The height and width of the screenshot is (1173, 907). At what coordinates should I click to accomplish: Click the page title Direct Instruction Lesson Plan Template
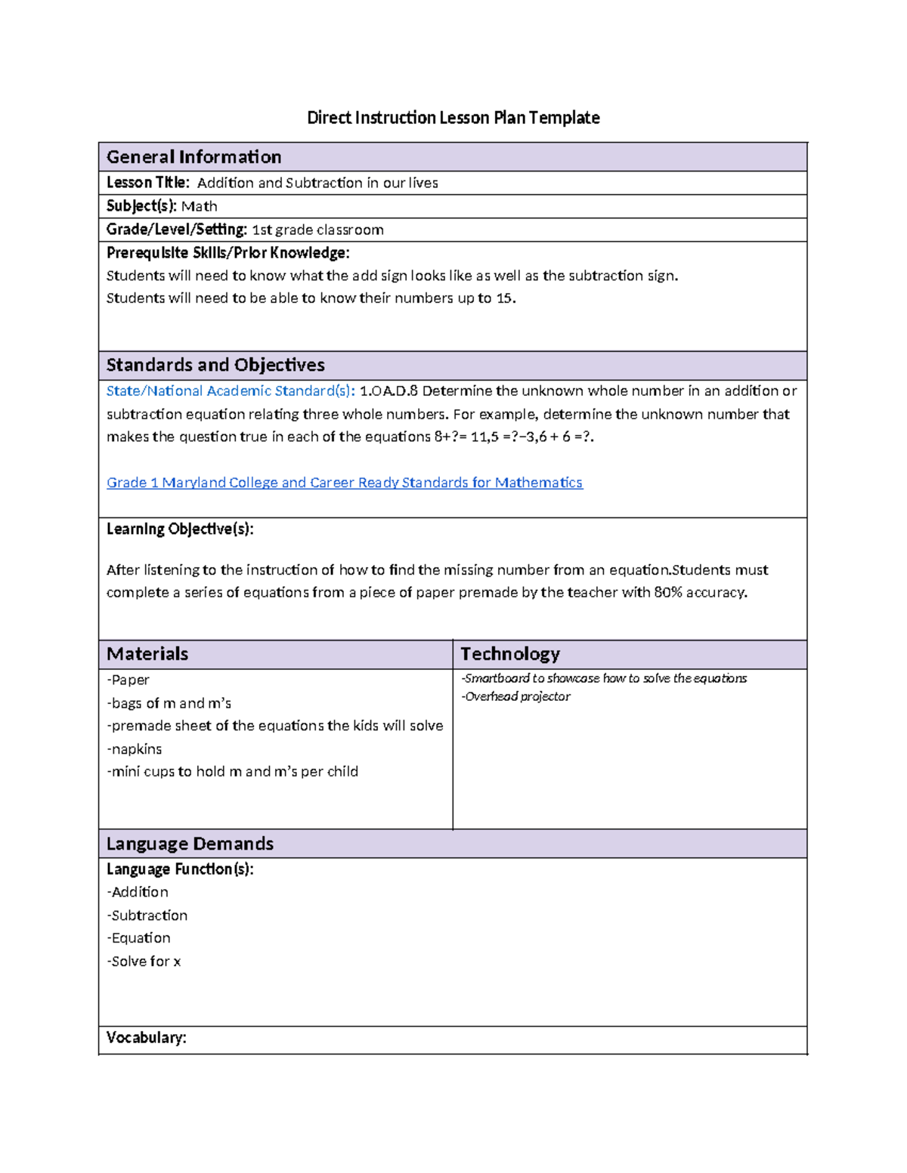pyautogui.click(x=453, y=118)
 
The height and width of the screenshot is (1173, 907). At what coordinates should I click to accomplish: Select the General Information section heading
pyautogui.click(x=193, y=157)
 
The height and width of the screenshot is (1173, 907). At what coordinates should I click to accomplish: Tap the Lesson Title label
pyautogui.click(x=147, y=183)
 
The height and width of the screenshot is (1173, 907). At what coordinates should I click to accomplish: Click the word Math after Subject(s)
pyautogui.click(x=200, y=206)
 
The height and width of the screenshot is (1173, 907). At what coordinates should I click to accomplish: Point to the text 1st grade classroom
pyautogui.click(x=317, y=230)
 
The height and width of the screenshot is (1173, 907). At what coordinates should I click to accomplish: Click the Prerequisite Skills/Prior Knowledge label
pyautogui.click(x=228, y=253)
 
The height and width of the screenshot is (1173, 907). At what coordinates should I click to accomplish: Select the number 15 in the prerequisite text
pyautogui.click(x=504, y=298)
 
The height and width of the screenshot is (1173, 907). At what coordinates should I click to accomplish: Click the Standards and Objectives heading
pyautogui.click(x=215, y=366)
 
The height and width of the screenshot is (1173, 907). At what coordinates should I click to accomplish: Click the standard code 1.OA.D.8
pyautogui.click(x=388, y=391)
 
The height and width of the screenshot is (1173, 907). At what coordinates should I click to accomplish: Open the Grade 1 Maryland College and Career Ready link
pyautogui.click(x=345, y=483)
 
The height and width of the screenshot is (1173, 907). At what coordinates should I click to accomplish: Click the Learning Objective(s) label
pyautogui.click(x=180, y=529)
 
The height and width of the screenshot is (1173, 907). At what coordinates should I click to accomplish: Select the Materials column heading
pyautogui.click(x=147, y=654)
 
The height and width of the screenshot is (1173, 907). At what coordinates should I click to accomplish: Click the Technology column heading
pyautogui.click(x=510, y=654)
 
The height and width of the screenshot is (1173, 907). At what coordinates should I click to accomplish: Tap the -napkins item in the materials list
pyautogui.click(x=135, y=749)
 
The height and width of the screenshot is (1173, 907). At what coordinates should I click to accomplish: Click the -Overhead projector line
pyautogui.click(x=516, y=697)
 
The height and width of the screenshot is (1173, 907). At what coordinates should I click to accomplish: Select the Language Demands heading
pyautogui.click(x=190, y=844)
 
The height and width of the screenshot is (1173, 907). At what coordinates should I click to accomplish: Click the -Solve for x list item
pyautogui.click(x=144, y=962)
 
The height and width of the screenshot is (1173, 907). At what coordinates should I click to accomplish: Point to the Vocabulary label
pyautogui.click(x=146, y=1038)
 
